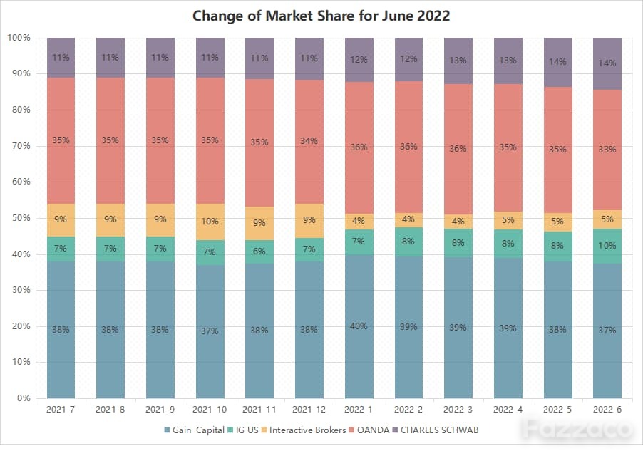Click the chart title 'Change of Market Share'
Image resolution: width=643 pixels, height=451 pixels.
coord(274,16)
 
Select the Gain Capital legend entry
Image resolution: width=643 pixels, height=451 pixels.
coord(194,430)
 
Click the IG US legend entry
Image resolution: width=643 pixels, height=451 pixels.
coord(243,430)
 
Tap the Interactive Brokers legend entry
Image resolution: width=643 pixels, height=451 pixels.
coord(304,430)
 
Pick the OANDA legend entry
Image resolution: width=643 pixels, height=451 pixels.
coord(369,430)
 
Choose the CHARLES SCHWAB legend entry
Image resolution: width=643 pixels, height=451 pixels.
coord(436,430)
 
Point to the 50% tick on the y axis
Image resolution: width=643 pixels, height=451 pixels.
coord(21,218)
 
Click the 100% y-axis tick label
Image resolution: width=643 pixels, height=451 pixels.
coord(19,38)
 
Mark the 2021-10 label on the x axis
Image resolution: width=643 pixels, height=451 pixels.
coord(210,409)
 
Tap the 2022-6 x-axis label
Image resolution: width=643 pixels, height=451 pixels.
coord(607,409)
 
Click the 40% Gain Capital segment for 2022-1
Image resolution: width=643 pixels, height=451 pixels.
coord(359,326)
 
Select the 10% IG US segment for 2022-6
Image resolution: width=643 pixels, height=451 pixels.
coord(607,246)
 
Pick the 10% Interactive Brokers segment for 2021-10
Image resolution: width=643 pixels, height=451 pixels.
coord(210,222)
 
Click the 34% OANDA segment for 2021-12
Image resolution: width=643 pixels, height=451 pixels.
coord(309,142)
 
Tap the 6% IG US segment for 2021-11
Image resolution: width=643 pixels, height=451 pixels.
coord(259,252)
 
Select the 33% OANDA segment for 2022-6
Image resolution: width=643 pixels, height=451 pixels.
coord(607,150)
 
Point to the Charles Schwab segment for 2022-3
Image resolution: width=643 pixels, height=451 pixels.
coord(458,61)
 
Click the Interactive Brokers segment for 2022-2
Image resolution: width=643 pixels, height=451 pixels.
coord(409,219)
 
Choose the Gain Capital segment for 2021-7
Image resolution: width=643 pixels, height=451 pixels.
coord(61,330)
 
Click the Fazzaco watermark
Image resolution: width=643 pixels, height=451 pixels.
coord(578,429)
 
